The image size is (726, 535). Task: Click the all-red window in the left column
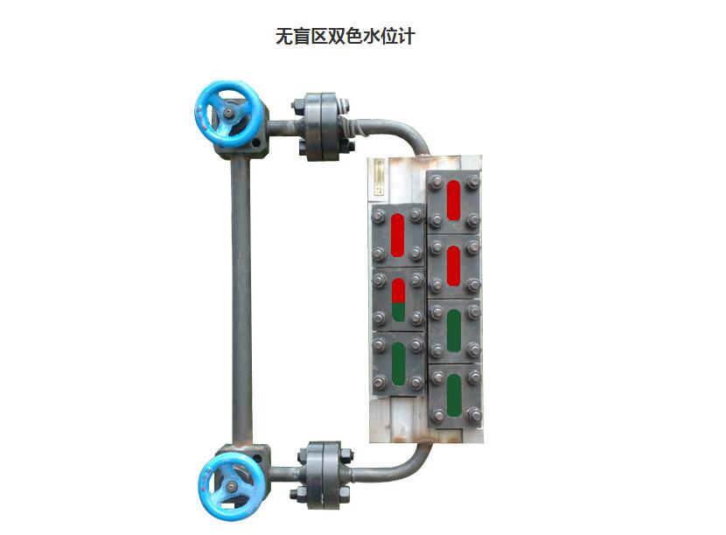click(x=398, y=235)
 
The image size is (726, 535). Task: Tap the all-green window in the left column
click(x=398, y=363)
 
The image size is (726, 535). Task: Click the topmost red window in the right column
click(x=453, y=200)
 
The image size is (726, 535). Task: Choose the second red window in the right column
click(x=453, y=266)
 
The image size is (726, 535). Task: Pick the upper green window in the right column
click(x=453, y=330)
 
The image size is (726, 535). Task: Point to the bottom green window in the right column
click(x=453, y=394)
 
